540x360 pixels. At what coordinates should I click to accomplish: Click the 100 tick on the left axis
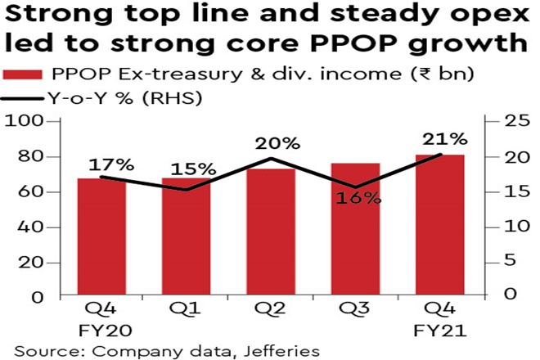[24, 122]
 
